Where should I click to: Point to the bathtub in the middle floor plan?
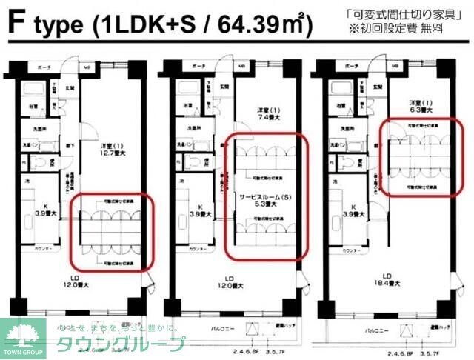tap(186, 91)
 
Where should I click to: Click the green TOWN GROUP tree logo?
tap(21, 334)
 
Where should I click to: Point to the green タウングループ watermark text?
tap(118, 343)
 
